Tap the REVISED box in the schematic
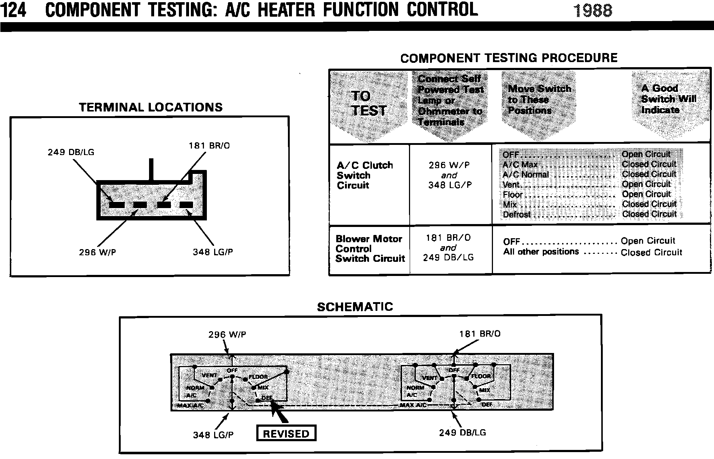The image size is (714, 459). coord(286,434)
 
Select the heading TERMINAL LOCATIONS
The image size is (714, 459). coord(151,107)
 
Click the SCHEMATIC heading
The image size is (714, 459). coord(355,307)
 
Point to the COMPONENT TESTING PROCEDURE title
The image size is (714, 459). coord(509,58)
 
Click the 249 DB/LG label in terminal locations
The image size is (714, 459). coord(71,153)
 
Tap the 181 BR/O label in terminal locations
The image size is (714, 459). coord(209,146)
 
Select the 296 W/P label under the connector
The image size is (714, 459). coord(97,252)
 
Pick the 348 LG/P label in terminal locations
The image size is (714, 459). coord(213,252)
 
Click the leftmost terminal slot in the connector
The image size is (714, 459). coord(117,205)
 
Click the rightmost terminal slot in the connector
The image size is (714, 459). coord(186,205)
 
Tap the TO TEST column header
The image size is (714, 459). coord(368,103)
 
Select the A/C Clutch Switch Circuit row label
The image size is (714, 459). coord(365,175)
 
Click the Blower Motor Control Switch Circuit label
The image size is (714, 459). coord(370,249)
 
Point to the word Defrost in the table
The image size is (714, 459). coord(517,215)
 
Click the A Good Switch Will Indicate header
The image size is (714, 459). coord(668,99)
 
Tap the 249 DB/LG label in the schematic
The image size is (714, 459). coord(462,432)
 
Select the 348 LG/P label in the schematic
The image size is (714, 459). coord(213,435)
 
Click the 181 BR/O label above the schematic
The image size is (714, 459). coord(480,334)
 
